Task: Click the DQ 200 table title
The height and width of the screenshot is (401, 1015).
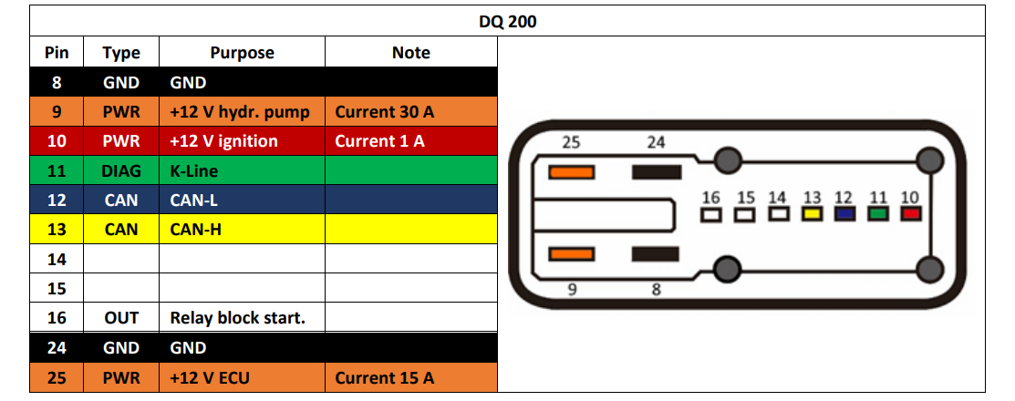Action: click(x=507, y=22)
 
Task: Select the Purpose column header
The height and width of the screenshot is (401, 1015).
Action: click(x=242, y=52)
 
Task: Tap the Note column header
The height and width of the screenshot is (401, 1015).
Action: click(x=411, y=52)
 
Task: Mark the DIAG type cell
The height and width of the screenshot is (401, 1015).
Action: click(x=121, y=170)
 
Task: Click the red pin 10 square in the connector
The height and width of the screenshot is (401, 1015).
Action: click(x=909, y=214)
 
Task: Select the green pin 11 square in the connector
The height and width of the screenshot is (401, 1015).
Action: click(x=877, y=214)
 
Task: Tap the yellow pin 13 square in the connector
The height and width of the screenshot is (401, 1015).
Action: click(x=811, y=214)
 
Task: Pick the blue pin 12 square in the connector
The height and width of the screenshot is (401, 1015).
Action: click(x=844, y=214)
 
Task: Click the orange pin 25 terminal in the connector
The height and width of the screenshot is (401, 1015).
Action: click(x=572, y=172)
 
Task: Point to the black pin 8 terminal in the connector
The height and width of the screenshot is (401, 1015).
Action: click(x=655, y=254)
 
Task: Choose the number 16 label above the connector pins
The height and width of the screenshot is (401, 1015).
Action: click(x=710, y=197)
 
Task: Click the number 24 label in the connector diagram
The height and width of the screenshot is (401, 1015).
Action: click(x=656, y=143)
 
